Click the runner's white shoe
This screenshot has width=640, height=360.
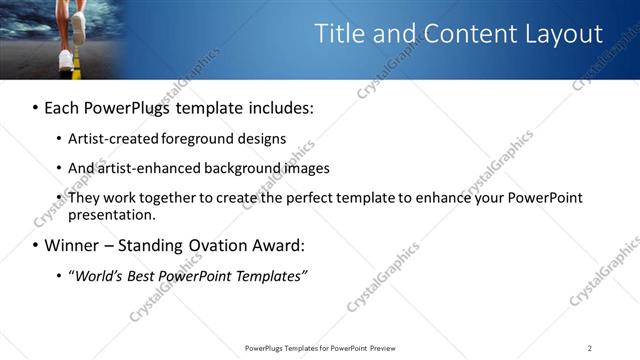[66, 58]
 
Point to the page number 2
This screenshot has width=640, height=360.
[590, 348]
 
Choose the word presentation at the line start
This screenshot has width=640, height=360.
[110, 214]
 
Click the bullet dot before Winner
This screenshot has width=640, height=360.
[36, 245]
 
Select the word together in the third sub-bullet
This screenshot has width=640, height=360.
[172, 198]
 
